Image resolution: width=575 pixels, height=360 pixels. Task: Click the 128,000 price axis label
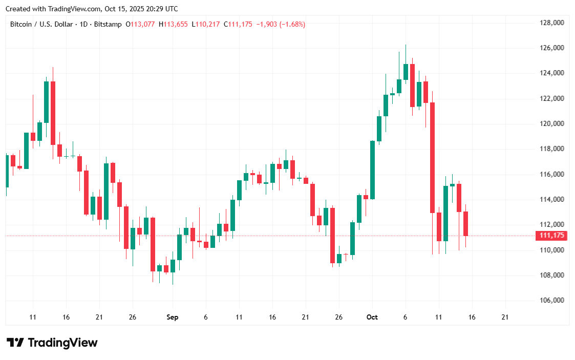click(x=551, y=23)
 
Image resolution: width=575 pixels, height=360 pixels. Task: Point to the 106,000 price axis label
click(x=551, y=301)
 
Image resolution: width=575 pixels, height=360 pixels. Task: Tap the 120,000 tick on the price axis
click(x=551, y=124)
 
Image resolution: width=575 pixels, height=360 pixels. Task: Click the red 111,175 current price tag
click(x=552, y=236)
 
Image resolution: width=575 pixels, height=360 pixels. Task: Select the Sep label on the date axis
click(x=173, y=317)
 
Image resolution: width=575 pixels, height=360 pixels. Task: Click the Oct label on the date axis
click(x=372, y=317)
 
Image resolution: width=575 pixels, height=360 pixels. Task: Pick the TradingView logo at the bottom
click(x=52, y=343)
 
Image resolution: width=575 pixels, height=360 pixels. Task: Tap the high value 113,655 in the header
click(x=176, y=24)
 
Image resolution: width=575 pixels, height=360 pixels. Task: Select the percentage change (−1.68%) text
click(x=292, y=24)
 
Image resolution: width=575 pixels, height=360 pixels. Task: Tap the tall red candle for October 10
click(x=433, y=158)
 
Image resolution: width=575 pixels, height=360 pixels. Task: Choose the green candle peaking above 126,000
click(x=406, y=72)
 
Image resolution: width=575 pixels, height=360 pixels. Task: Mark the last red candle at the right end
click(x=466, y=224)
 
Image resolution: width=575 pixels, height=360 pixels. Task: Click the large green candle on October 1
click(x=373, y=170)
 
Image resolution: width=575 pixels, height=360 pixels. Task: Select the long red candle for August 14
click(x=53, y=113)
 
